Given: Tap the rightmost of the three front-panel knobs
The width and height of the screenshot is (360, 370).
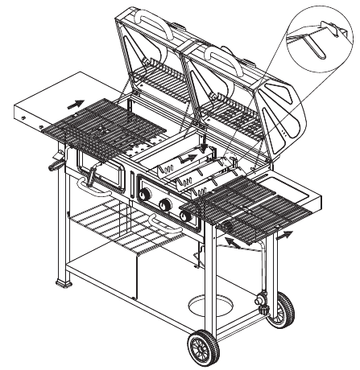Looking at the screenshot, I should click(x=188, y=215).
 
